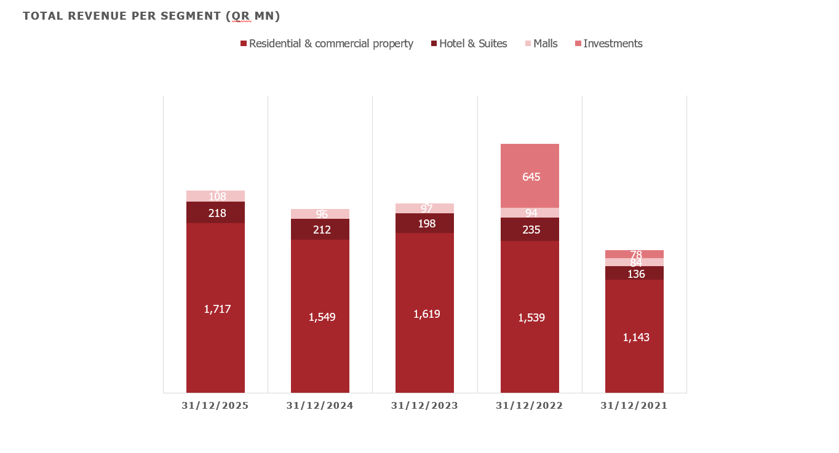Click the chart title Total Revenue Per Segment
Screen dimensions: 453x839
point(151,17)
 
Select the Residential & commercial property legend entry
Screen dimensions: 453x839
point(327,44)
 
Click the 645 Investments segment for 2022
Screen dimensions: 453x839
point(530,176)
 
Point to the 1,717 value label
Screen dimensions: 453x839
point(217,309)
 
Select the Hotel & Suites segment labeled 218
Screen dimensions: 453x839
point(215,213)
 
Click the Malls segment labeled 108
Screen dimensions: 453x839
point(215,196)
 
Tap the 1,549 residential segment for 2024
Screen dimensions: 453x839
point(320,317)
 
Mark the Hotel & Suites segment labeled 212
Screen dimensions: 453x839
point(320,229)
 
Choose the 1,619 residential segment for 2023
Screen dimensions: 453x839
point(424,313)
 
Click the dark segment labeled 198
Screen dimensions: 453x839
point(424,223)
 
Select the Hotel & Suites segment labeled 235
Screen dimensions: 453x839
point(530,229)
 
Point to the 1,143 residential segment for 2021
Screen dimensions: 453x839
point(634,337)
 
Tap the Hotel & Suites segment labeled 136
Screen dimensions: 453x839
point(634,274)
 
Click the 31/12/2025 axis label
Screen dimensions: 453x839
point(215,406)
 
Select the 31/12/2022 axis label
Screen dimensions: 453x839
point(530,406)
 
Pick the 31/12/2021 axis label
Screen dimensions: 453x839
point(634,406)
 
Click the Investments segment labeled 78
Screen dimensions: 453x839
point(634,254)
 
